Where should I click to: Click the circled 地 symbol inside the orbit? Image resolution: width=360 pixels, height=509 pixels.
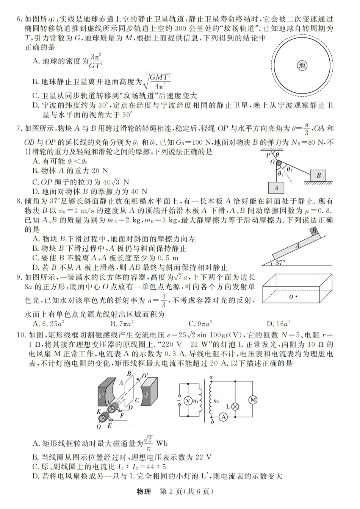point(302,66)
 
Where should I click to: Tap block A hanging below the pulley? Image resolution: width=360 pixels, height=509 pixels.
point(276,187)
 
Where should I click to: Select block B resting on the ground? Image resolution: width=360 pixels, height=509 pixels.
point(318,175)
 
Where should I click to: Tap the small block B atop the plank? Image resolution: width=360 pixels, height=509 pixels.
point(315,231)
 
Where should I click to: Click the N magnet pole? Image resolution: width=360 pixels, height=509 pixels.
point(101,394)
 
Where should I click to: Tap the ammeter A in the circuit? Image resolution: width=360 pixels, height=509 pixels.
point(223,417)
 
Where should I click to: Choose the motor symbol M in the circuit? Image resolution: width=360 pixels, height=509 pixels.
point(252,399)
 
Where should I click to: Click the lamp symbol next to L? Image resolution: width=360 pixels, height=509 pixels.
point(235,406)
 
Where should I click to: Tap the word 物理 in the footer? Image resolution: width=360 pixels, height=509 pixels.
point(144,492)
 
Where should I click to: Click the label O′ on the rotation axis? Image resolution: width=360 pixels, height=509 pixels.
point(145,376)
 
